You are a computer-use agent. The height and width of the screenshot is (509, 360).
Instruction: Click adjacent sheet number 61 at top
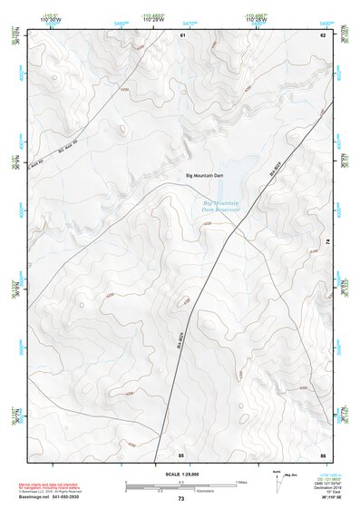[182, 34]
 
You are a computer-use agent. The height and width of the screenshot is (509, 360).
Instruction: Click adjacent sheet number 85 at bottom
[181, 453]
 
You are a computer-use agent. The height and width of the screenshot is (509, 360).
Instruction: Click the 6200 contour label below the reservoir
[207, 222]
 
